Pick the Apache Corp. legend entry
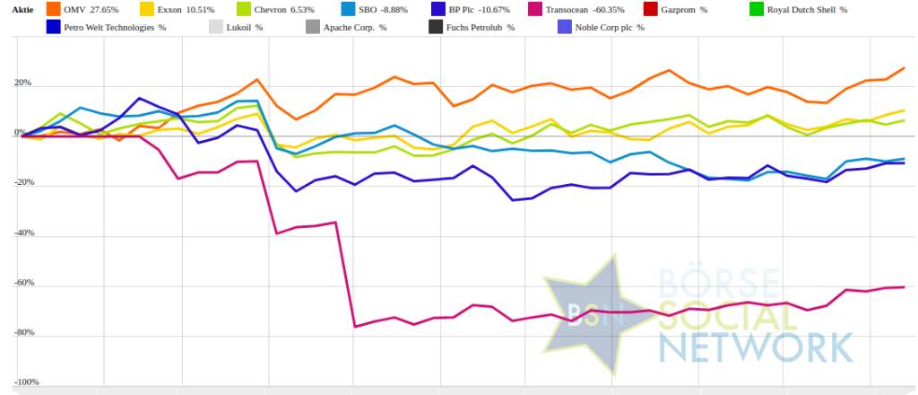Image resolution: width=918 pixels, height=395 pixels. point(355,27)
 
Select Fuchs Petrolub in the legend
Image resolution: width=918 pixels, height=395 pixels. point(481,27)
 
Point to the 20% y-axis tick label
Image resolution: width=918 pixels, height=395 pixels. point(22,83)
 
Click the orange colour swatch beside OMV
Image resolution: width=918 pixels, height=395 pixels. point(53,9)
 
